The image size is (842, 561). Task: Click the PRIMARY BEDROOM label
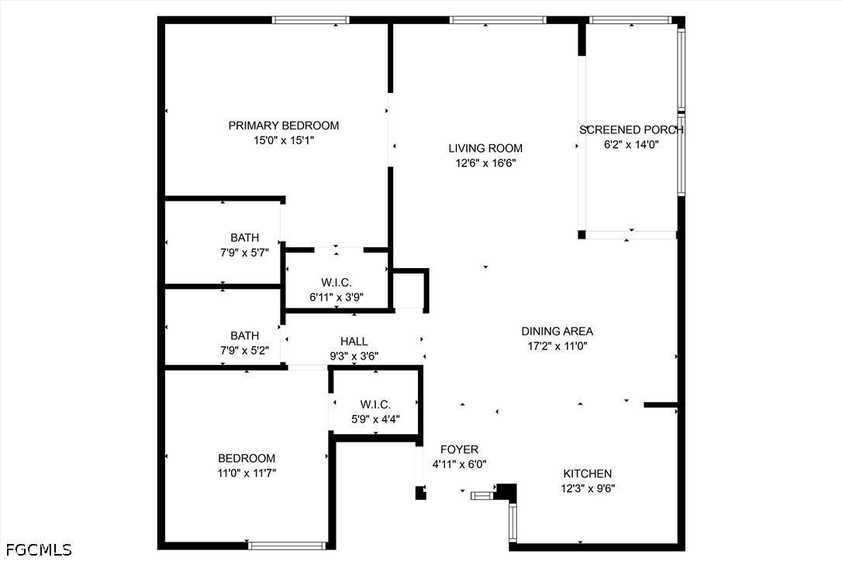[x=284, y=126]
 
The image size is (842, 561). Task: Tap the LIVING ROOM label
[x=485, y=148]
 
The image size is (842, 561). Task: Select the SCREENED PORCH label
[x=631, y=130]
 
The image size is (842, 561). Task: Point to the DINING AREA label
[x=557, y=331]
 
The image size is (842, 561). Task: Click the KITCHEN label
[x=588, y=473]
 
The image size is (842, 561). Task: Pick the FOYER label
[x=459, y=449]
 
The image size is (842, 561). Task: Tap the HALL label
[x=354, y=342]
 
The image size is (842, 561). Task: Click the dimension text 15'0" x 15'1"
[x=284, y=141]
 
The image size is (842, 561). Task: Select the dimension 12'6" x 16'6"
[x=485, y=163]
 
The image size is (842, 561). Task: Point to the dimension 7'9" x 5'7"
[x=244, y=253]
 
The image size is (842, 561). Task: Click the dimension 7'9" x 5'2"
[x=244, y=350]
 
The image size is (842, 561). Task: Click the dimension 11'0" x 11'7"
[x=247, y=473]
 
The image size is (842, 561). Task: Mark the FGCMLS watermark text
[x=39, y=549]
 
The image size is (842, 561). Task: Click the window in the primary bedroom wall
[x=310, y=20]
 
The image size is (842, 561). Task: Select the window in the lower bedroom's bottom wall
[x=287, y=546]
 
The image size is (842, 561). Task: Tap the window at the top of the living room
[x=498, y=20]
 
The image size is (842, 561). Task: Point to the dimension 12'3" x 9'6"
[x=588, y=488]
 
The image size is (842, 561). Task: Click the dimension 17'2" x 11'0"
[x=557, y=346]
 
